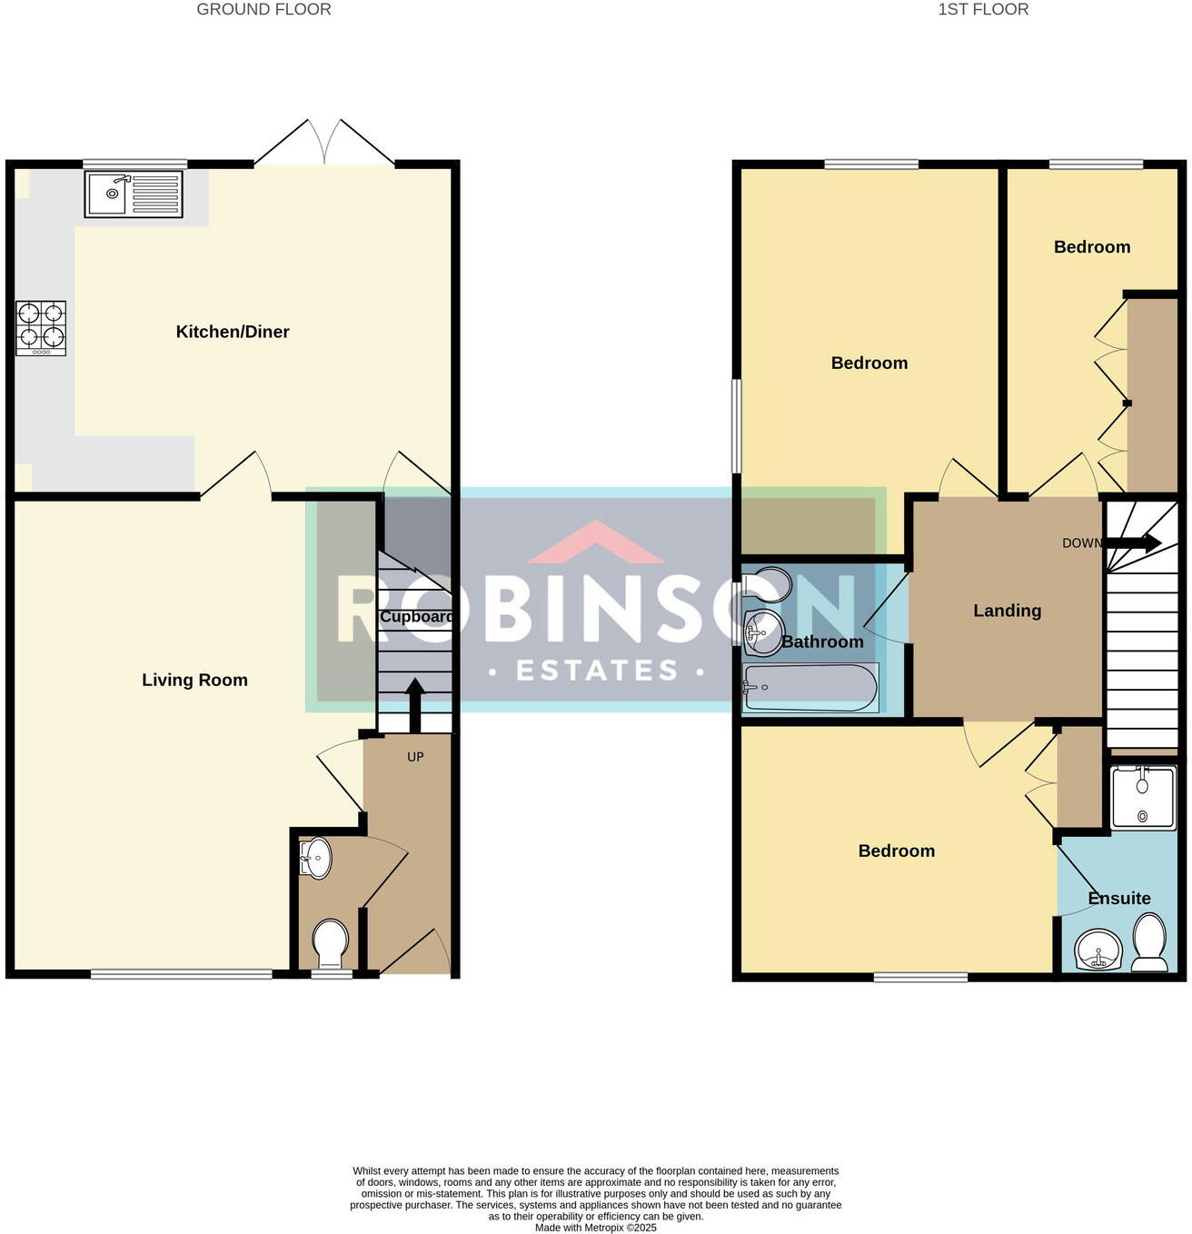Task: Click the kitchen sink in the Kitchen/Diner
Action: coord(134,194)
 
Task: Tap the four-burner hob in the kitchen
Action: coord(41,327)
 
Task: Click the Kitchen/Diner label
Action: coord(233,332)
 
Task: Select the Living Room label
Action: coord(194,680)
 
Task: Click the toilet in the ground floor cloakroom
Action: coord(330,943)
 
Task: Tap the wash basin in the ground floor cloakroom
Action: coord(315,858)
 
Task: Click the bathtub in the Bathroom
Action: coord(810,688)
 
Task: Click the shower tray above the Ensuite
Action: coord(1142,797)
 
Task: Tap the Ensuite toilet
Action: coord(1150,942)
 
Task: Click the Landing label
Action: coord(1007,611)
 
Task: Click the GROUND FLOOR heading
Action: coord(263,10)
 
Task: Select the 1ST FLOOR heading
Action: coord(983,10)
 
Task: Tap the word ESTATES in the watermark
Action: coord(597,671)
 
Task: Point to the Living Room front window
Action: coord(182,974)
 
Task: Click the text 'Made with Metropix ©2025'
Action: coord(595,1228)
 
